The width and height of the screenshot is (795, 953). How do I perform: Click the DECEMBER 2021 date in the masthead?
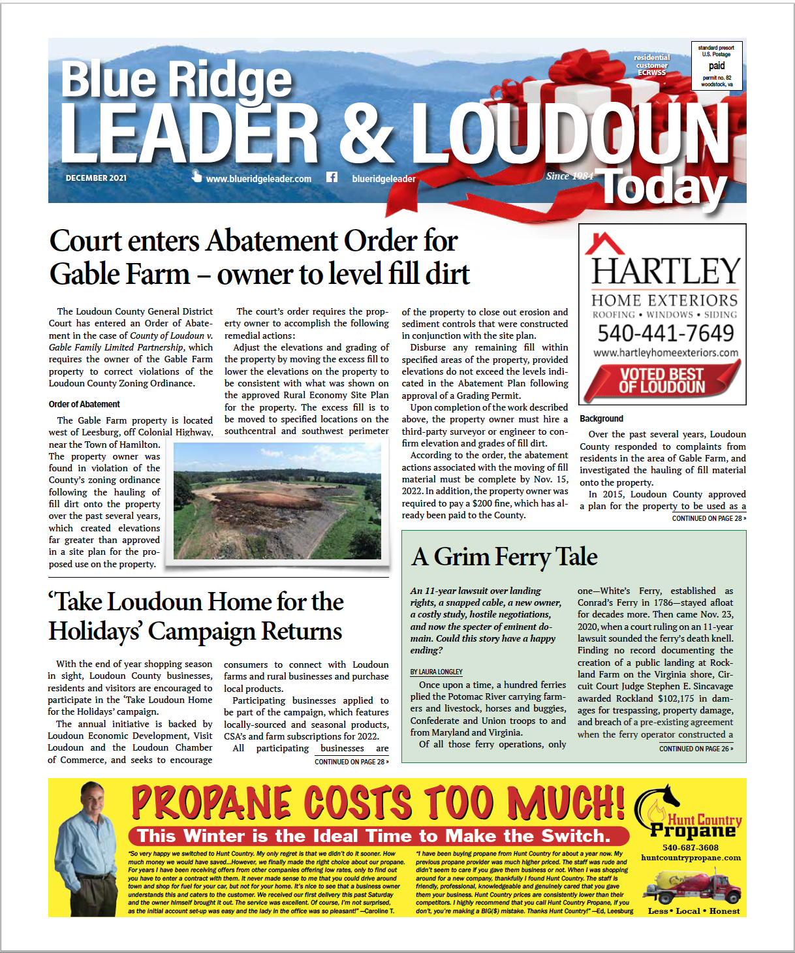[x=96, y=178]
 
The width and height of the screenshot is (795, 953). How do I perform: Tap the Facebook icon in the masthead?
[x=332, y=177]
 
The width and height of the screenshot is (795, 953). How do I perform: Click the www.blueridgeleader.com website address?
[x=258, y=179]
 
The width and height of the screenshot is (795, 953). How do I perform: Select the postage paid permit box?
[x=716, y=66]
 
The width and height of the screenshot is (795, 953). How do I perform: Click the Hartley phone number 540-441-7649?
[x=666, y=334]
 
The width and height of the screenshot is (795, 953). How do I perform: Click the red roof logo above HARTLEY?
[x=604, y=244]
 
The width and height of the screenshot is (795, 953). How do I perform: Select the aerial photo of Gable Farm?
[x=277, y=501]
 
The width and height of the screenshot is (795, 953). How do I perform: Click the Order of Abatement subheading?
[x=84, y=404]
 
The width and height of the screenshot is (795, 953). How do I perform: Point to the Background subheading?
[x=601, y=418]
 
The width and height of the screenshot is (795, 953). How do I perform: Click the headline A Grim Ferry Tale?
[x=505, y=557]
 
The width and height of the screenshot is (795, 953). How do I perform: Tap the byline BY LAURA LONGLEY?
[x=436, y=672]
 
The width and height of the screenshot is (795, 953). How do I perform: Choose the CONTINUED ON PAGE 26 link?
[x=695, y=749]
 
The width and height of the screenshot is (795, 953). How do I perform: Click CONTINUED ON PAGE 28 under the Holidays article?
[x=351, y=762]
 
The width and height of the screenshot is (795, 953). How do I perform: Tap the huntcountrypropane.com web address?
[x=691, y=858]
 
